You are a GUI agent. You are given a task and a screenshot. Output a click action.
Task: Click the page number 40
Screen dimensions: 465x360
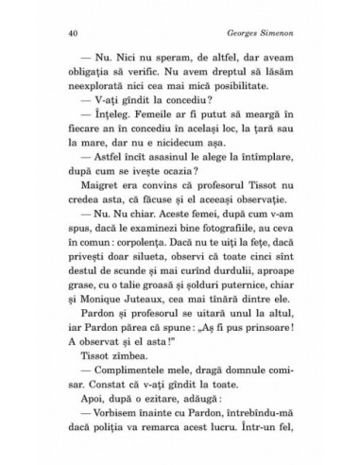coord(47,31)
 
